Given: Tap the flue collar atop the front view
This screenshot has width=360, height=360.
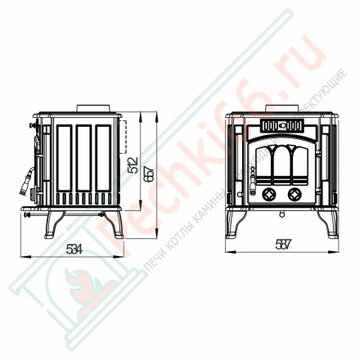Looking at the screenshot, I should tap(281, 107).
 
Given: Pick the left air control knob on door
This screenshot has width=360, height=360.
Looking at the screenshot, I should tap(269, 194).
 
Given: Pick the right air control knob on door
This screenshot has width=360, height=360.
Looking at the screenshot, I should tap(293, 194).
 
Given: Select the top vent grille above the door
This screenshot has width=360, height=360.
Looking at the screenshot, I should tap(281, 127).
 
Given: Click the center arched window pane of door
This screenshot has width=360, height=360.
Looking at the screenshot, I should tap(281, 164).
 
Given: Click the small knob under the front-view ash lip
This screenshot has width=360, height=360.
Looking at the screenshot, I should tap(281, 216).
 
